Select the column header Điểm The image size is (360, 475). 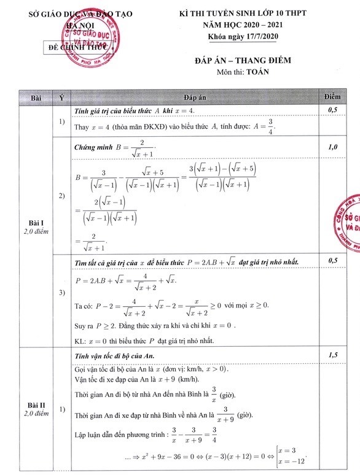pyautogui.click(x=335, y=98)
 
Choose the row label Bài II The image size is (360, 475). pyautogui.click(x=34, y=404)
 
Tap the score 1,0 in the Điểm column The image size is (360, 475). pyautogui.click(x=335, y=147)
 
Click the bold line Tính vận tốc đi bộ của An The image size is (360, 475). pyautogui.click(x=114, y=356)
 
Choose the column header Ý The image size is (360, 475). pyautogui.click(x=61, y=98)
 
